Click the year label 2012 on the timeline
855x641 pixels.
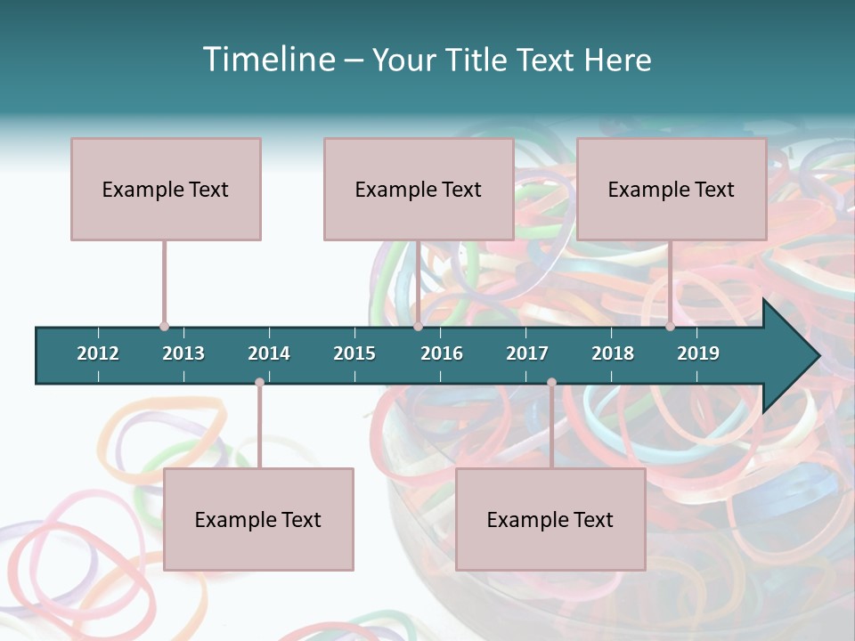pyautogui.click(x=98, y=353)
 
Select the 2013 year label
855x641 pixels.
pyautogui.click(x=183, y=353)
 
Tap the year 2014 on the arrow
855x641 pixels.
pyautogui.click(x=269, y=353)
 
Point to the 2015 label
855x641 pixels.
pyautogui.click(x=354, y=353)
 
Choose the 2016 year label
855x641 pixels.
pyautogui.click(x=442, y=353)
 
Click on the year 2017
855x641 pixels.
pyautogui.click(x=527, y=353)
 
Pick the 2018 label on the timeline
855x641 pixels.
pyautogui.click(x=613, y=353)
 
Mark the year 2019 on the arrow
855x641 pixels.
pyautogui.click(x=698, y=353)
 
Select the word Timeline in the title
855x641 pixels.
pyautogui.click(x=267, y=60)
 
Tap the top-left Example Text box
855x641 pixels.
pyautogui.click(x=166, y=189)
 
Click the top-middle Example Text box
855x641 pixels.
pyautogui.click(x=419, y=189)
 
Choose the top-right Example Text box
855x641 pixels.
pyautogui.click(x=672, y=189)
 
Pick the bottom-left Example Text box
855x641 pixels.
pyautogui.click(x=258, y=519)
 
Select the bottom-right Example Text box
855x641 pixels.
pyautogui.click(x=550, y=519)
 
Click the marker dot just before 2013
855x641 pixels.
pyautogui.click(x=164, y=327)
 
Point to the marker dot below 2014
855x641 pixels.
pyautogui.click(x=259, y=383)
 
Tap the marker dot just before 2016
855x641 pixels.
pyautogui.click(x=418, y=327)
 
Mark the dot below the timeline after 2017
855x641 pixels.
pyautogui.click(x=551, y=383)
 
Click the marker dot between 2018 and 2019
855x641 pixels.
pyautogui.click(x=670, y=327)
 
